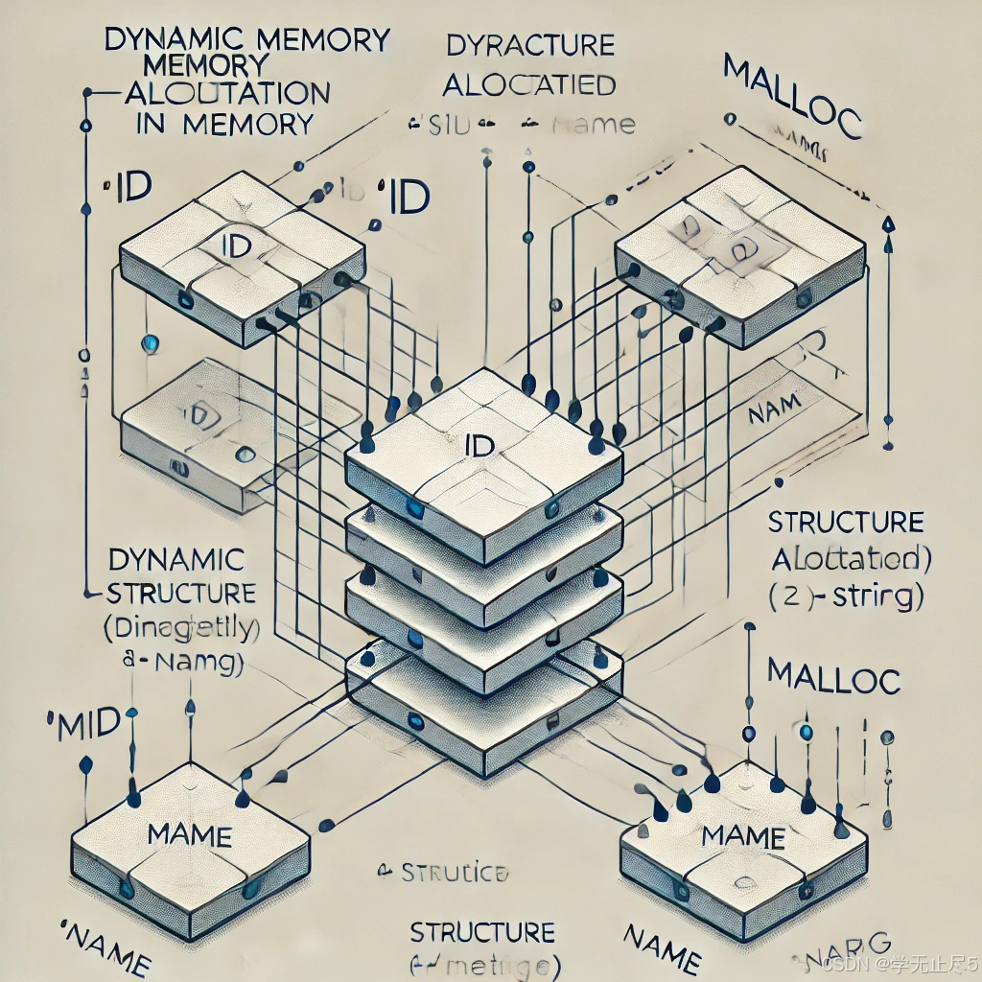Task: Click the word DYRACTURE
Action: click(x=530, y=45)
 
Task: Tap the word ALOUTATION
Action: click(x=227, y=94)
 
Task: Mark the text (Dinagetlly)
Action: click(x=182, y=629)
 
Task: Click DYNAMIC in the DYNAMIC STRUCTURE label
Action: click(x=176, y=558)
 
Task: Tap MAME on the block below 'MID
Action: click(x=190, y=834)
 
